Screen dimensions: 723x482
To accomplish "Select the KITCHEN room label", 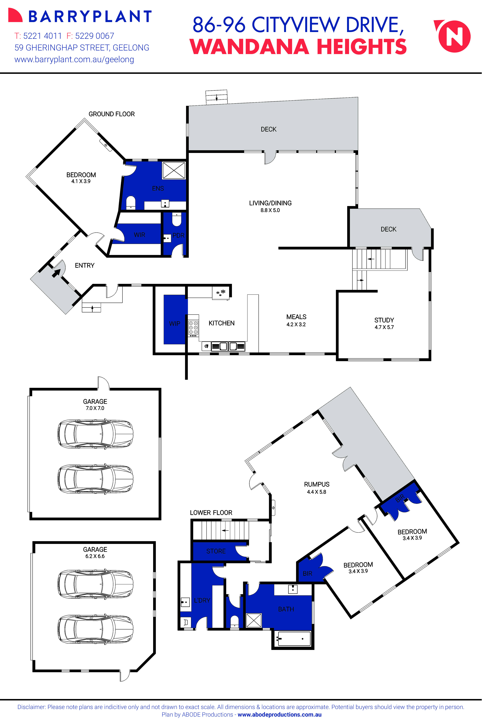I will pos(221,323).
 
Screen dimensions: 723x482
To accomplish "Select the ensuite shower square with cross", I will pos(174,170).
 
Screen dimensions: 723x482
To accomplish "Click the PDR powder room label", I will pos(178,236).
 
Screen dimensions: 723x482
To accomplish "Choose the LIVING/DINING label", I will pos(270,203).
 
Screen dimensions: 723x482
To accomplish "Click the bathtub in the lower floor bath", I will pos(294,639).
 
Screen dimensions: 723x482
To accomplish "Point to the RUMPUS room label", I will pos(317,484).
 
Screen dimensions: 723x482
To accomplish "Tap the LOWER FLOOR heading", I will pos(211,513).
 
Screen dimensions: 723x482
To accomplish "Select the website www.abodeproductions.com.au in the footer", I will pos(279,714).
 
